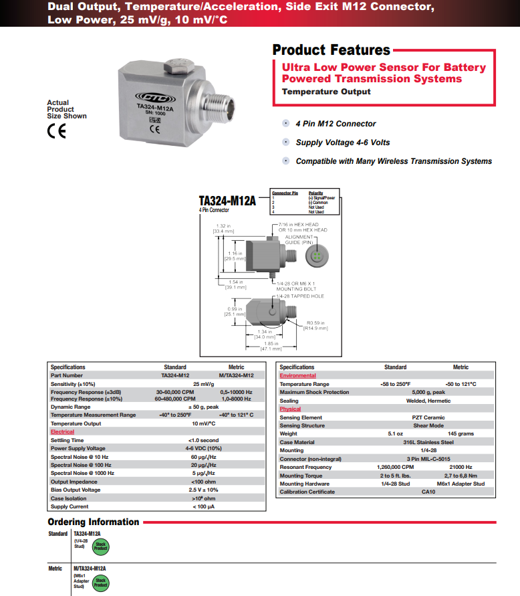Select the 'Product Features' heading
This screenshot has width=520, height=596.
(x=331, y=50)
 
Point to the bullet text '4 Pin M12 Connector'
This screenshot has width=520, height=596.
(x=336, y=124)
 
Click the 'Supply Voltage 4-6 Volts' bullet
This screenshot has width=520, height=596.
(x=342, y=142)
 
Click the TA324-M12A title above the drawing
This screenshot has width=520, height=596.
(x=227, y=200)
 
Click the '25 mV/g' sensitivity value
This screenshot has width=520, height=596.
(x=203, y=384)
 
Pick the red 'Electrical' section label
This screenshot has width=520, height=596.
(x=63, y=432)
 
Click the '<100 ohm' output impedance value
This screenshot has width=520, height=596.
(x=203, y=482)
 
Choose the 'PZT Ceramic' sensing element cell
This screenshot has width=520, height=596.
(x=428, y=417)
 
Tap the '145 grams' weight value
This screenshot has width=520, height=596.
(x=461, y=433)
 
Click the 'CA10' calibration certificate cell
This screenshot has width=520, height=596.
(x=428, y=492)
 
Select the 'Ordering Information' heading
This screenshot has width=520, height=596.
(x=93, y=522)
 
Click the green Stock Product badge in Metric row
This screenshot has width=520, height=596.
(x=100, y=582)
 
